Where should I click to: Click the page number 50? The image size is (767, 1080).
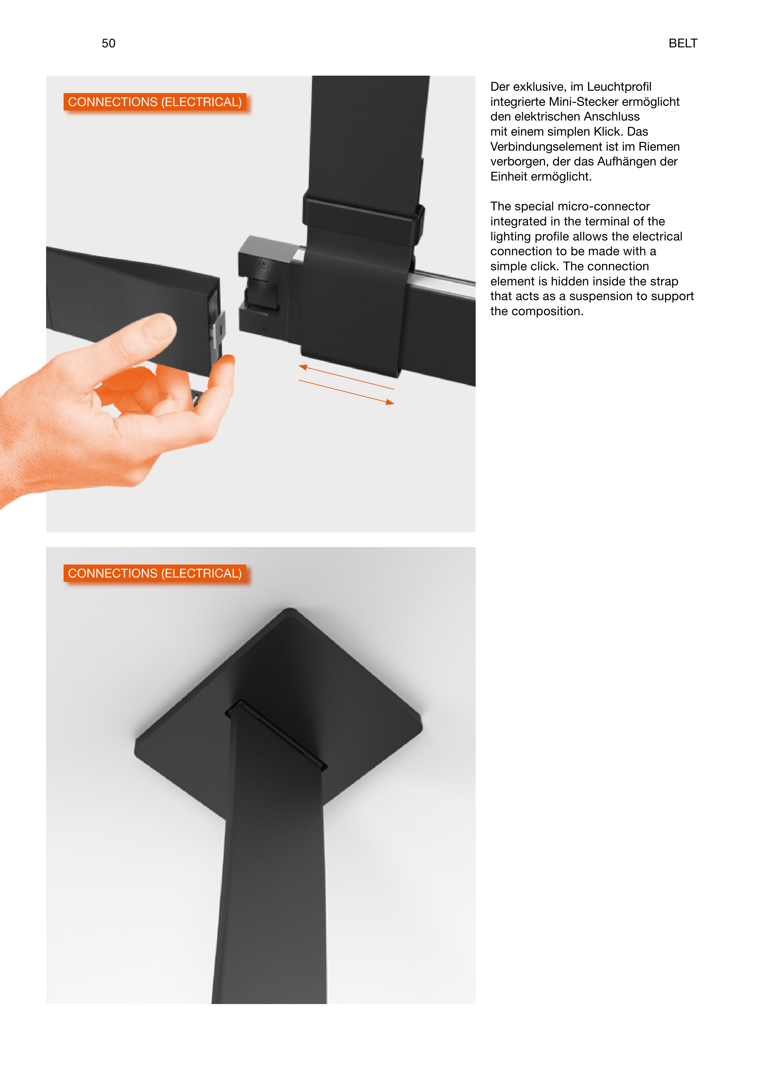coord(108,43)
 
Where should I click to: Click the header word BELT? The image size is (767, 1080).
coord(682,43)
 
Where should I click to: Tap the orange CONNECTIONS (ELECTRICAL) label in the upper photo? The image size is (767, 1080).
coord(155,102)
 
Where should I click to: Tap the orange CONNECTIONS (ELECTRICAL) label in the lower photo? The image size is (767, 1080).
coord(155,573)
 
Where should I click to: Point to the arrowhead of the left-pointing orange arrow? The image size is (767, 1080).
coord(303,367)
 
